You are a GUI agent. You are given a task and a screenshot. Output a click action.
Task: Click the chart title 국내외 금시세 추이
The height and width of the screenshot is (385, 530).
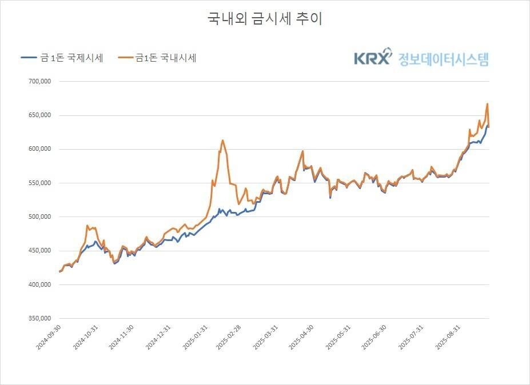pyautogui.click(x=265, y=18)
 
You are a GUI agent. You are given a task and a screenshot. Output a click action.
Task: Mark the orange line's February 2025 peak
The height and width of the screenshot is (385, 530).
pyautogui.click(x=222, y=141)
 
